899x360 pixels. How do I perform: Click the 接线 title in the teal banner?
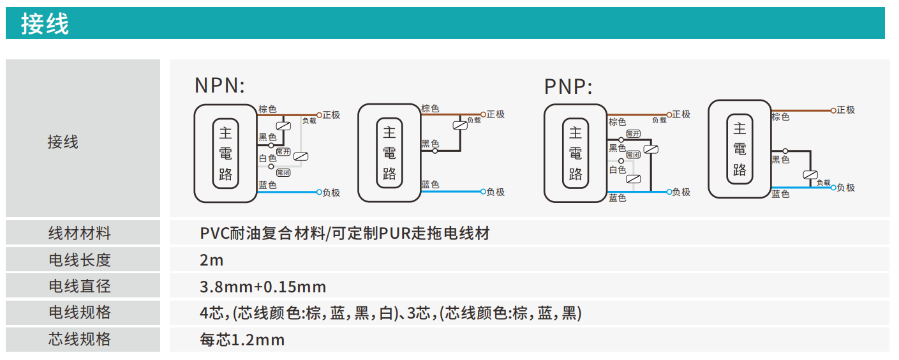45,24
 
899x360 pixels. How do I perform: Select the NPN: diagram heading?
219,86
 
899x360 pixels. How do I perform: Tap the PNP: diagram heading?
568,86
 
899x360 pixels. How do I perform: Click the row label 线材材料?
80,233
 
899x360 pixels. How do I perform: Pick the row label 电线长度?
80,260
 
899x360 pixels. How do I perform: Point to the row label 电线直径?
80,286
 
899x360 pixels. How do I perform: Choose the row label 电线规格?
80,313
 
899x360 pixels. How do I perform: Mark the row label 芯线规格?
80,339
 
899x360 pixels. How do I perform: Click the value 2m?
211,260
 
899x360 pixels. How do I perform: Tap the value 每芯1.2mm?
242,340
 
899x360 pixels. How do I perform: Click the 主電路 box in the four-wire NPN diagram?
225,153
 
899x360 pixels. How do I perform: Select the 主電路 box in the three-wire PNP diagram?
739,149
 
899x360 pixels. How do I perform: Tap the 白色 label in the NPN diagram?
267,158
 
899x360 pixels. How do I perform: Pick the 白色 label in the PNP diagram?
617,170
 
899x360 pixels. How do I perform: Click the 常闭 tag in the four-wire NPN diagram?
283,172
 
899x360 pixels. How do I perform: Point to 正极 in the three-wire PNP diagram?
845,110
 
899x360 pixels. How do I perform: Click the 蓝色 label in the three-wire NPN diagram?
430,184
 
